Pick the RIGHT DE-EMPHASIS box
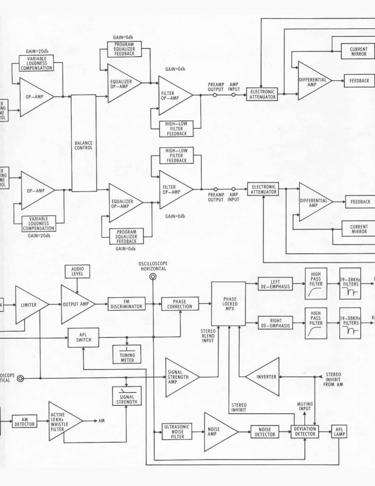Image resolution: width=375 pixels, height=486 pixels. tap(275, 323)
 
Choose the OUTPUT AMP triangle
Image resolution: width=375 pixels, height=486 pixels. tap(77, 305)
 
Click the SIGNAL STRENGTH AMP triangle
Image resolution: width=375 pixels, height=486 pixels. tap(181, 376)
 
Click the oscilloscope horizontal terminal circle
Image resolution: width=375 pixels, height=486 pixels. tap(153, 277)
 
